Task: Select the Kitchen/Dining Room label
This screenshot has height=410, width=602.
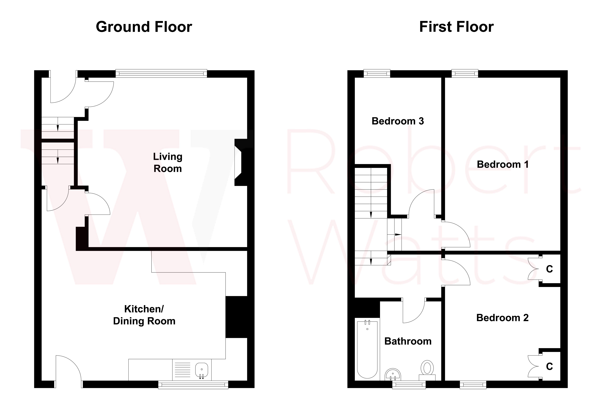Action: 144,315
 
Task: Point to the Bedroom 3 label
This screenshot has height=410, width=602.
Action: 398,121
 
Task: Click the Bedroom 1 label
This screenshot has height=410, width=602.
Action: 503,164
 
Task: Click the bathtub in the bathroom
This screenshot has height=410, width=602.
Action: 367,349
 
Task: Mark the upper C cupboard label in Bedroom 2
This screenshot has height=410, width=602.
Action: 549,269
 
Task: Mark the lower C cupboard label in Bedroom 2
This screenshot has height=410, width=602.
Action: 549,367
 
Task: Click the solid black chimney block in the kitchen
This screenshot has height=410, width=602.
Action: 236,317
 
